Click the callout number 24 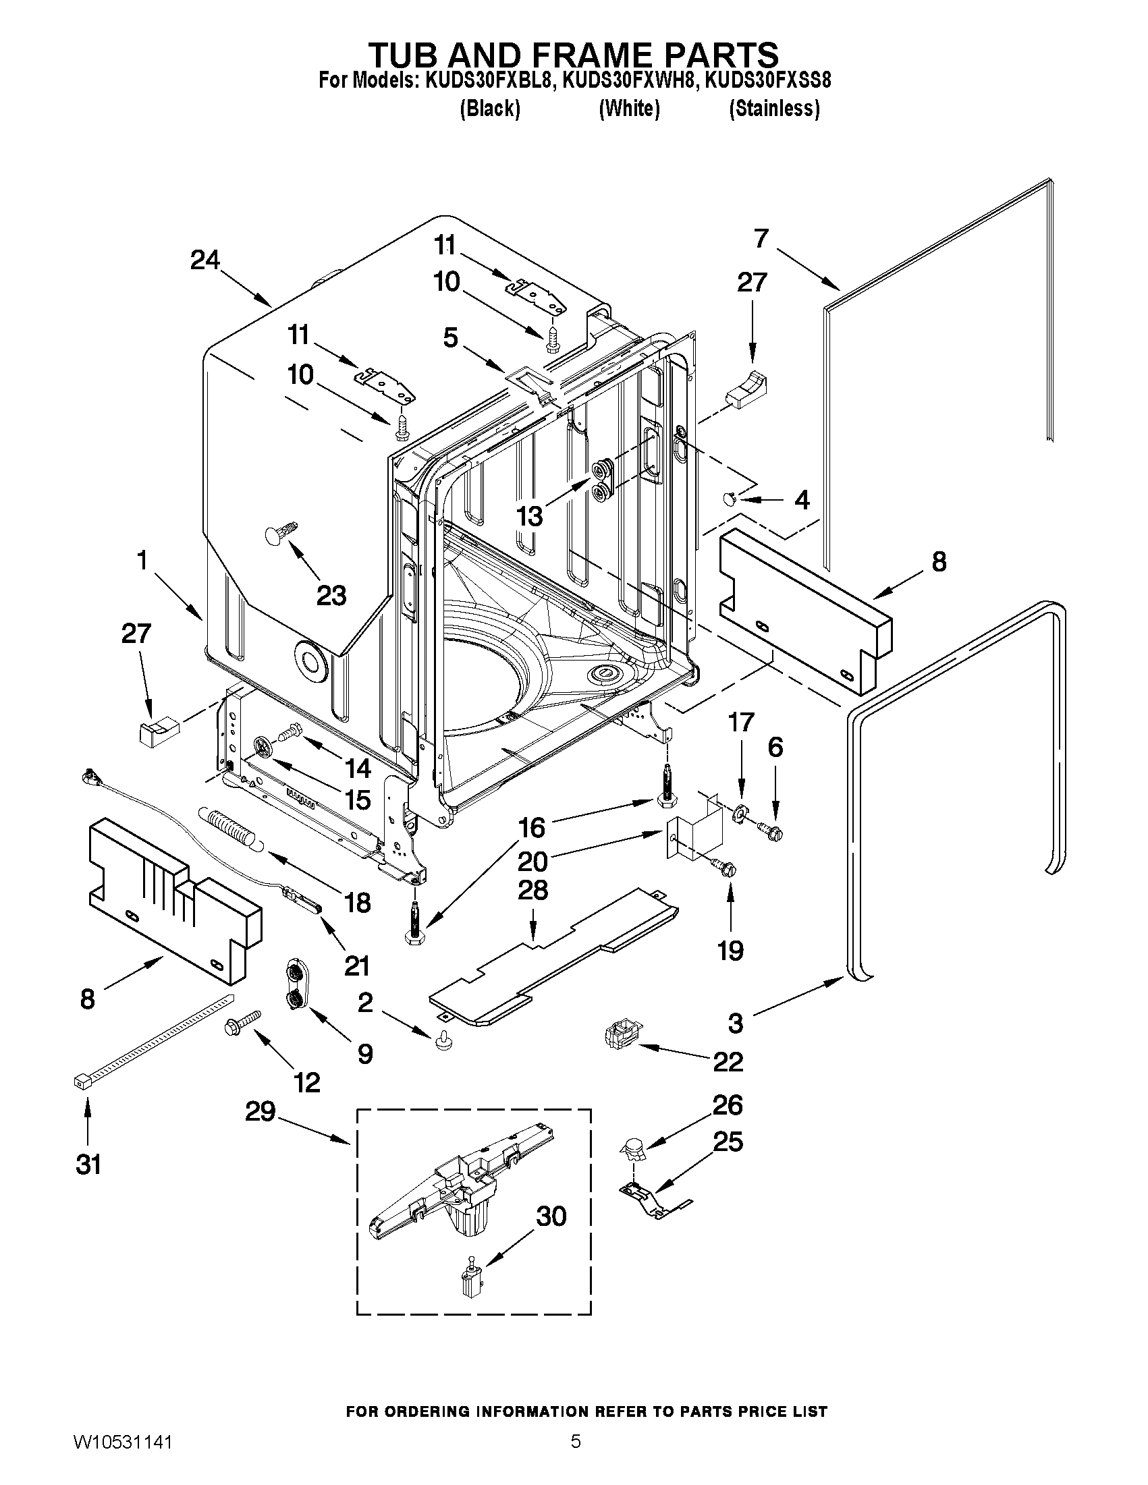[204, 259]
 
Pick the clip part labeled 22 [620, 1037]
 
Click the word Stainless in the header [774, 109]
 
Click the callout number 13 [530, 516]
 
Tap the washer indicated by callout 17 [738, 813]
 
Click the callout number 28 [532, 889]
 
